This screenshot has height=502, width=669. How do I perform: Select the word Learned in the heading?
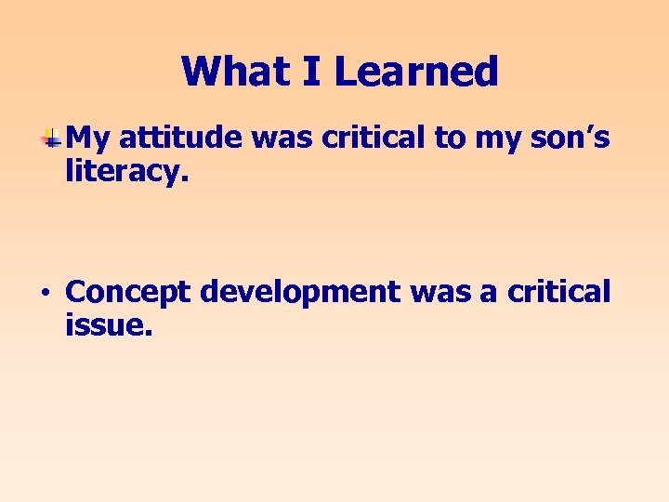(x=416, y=72)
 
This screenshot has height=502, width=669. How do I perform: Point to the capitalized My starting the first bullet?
(x=89, y=139)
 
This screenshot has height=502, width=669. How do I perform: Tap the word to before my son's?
(x=451, y=138)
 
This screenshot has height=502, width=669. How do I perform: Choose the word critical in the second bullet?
(x=559, y=292)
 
